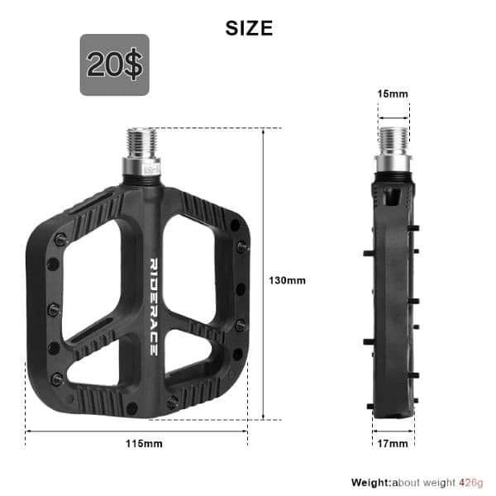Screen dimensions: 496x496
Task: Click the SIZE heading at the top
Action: point(249,27)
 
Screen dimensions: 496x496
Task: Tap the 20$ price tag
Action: point(114,65)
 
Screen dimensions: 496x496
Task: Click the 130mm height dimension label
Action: point(287,280)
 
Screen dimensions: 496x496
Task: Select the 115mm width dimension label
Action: point(144,444)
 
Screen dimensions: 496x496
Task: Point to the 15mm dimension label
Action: point(393,93)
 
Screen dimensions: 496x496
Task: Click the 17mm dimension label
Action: point(393,444)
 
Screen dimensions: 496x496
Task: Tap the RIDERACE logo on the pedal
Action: point(154,306)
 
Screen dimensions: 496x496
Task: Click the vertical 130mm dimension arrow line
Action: point(263,273)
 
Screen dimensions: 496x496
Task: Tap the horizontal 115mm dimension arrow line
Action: point(136,431)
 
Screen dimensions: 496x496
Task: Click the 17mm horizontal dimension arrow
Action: point(391,431)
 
